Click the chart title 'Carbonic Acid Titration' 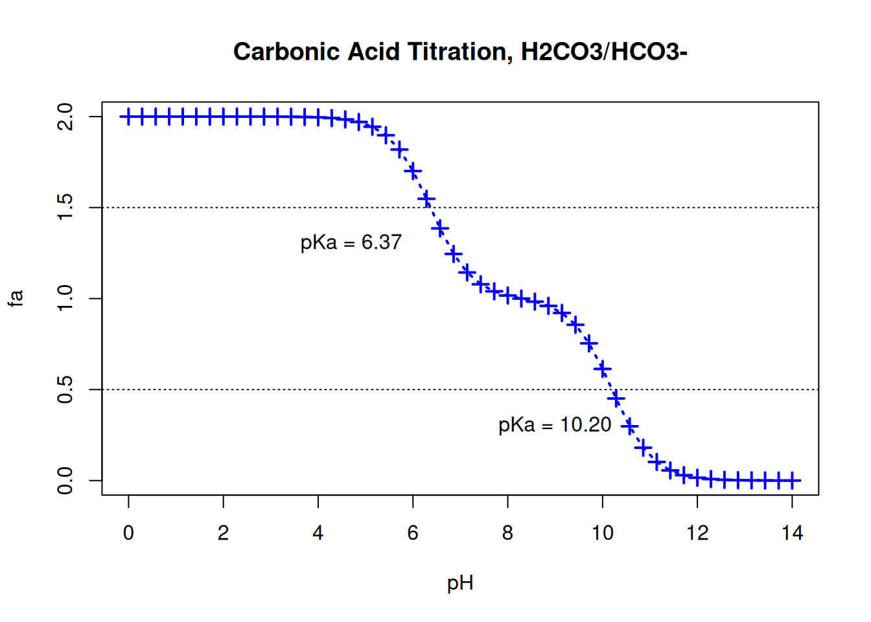(x=459, y=52)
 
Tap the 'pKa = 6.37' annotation (x=351, y=242)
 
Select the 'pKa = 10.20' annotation (x=554, y=425)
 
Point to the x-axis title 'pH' (x=460, y=583)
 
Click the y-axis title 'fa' (x=16, y=298)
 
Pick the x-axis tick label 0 (x=128, y=533)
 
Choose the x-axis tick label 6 (x=413, y=533)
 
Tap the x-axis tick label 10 (x=602, y=533)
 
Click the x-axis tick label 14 (x=792, y=533)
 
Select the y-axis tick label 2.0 (x=65, y=117)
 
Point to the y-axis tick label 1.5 (x=65, y=207)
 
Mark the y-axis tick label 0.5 (x=65, y=389)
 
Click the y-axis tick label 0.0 (x=65, y=480)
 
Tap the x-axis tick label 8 (x=507, y=533)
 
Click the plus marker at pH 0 (x=128, y=117)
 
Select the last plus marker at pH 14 (x=792, y=480)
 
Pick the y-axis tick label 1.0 (x=65, y=299)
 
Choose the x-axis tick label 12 (x=697, y=533)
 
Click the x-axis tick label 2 (x=223, y=533)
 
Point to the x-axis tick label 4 (x=318, y=533)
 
